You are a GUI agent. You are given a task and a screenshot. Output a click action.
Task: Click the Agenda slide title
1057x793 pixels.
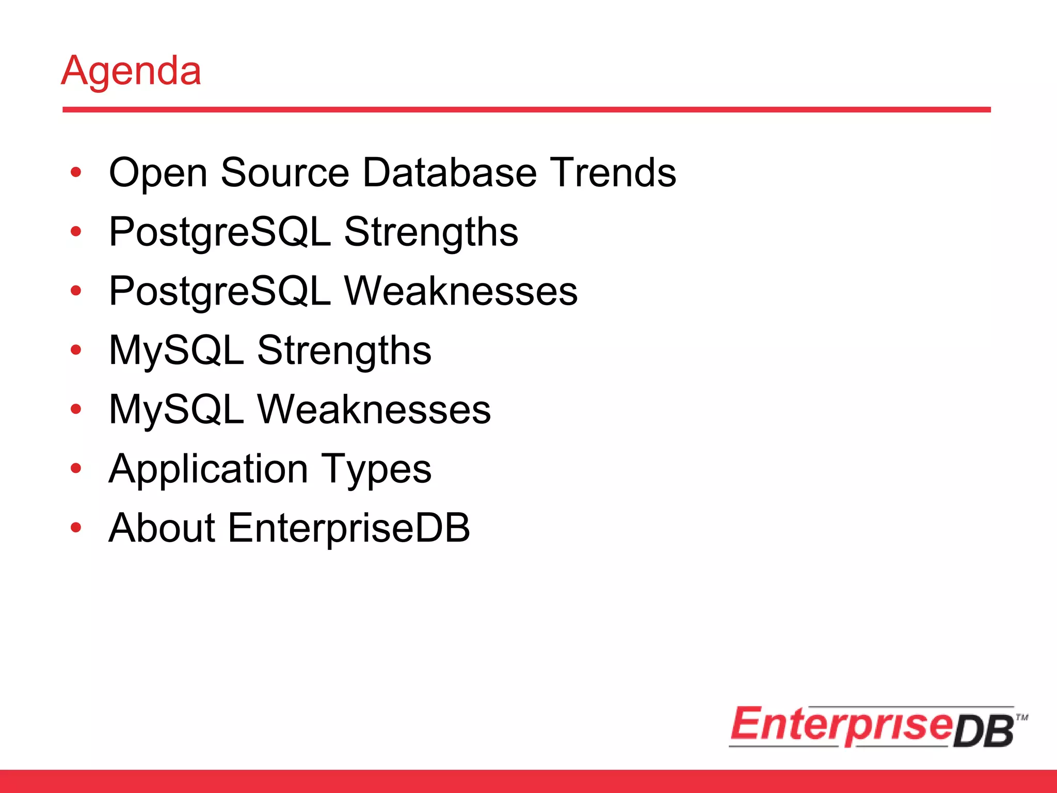tap(131, 71)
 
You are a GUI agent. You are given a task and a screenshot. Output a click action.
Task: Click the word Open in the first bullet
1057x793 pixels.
tap(158, 173)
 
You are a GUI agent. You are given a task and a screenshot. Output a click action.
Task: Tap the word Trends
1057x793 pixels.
tap(613, 172)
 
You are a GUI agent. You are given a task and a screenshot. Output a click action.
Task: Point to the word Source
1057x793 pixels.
tap(285, 172)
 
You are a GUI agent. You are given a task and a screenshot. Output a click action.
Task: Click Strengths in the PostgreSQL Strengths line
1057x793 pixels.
tap(431, 232)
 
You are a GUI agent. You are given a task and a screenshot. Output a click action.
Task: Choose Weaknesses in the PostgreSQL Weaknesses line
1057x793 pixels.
tap(461, 291)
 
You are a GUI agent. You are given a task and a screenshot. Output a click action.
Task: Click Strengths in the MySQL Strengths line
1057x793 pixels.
tap(344, 351)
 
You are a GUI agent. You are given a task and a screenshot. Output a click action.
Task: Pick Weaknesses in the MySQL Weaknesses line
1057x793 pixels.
tap(374, 410)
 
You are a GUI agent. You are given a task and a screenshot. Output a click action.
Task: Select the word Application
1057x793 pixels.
tap(209, 469)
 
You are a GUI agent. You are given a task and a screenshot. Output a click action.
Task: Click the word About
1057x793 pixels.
tap(162, 528)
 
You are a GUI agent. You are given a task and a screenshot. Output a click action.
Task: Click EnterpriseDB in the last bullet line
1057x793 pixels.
tap(349, 528)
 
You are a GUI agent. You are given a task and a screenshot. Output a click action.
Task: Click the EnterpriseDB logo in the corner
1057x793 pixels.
tap(872, 726)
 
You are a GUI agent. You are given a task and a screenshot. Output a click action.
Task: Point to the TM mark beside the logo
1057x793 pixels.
tap(1022, 717)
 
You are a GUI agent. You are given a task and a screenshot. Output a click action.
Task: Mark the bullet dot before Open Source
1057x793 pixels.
tap(76, 173)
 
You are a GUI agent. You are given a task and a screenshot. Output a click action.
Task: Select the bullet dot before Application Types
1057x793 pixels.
tap(76, 469)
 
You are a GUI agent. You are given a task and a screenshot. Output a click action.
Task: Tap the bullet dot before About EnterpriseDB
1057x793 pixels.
tap(76, 528)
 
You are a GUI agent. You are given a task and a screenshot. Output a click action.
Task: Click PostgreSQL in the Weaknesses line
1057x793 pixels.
tap(220, 291)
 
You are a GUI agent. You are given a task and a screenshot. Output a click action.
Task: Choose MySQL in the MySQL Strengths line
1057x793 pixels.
tap(177, 351)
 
